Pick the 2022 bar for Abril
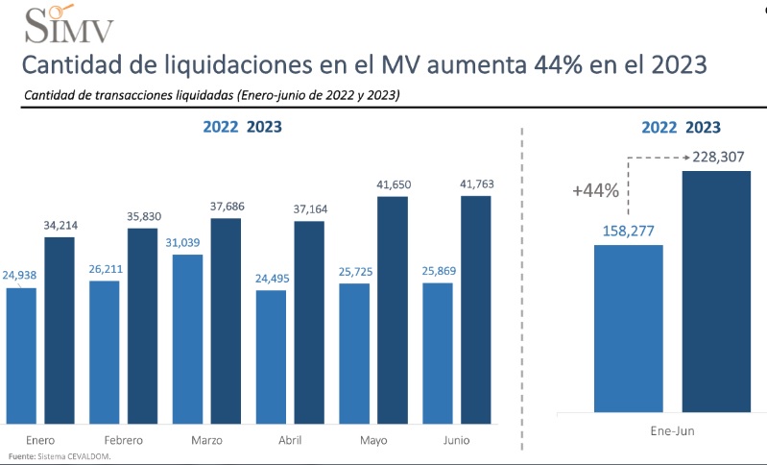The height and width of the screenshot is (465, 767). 271,356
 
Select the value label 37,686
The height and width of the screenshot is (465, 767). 226,206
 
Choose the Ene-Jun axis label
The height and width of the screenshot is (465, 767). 671,431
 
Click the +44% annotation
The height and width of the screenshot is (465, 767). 595,190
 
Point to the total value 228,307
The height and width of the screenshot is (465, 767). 718,157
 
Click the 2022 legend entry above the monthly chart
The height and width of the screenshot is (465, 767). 220,127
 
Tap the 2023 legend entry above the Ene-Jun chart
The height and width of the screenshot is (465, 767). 704,127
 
